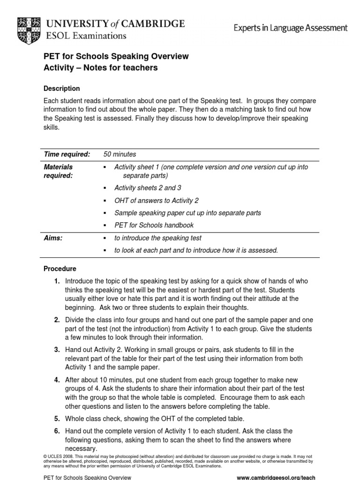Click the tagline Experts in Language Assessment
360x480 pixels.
coord(291,28)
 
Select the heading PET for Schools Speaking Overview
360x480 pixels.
coord(116,56)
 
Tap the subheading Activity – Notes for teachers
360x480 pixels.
coord(100,68)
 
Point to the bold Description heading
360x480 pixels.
coord(61,89)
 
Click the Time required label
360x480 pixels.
coord(67,154)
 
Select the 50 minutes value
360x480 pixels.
coord(120,154)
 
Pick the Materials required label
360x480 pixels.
coord(59,171)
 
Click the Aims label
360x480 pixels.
coord(53,238)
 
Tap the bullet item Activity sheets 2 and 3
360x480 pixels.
coord(148,188)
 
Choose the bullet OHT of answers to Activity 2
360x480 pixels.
coord(157,201)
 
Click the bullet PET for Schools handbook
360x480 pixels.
coord(154,225)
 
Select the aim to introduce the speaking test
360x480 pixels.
coord(158,238)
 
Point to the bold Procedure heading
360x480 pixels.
coord(60,269)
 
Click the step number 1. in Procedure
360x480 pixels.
coord(57,281)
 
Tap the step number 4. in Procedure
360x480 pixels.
coord(57,380)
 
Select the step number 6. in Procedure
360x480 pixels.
coord(57,431)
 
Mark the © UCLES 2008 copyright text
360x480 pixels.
coord(61,456)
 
